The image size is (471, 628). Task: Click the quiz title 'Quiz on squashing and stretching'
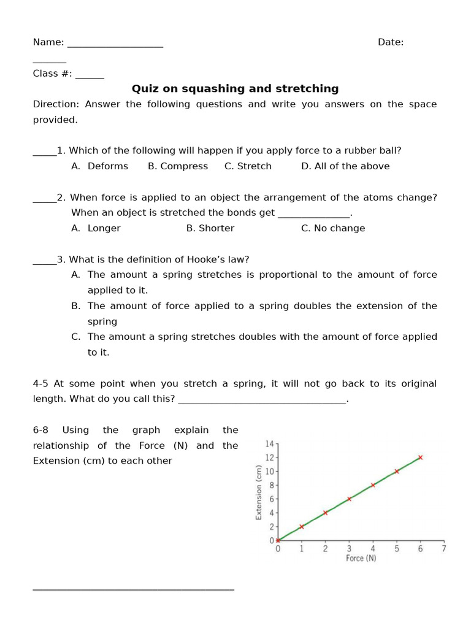coord(235,89)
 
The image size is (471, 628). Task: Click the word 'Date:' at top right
coord(390,42)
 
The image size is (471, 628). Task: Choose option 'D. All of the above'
coord(345,166)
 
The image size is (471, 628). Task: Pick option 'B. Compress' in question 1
coord(178,166)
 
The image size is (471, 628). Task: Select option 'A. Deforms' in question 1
coord(100,166)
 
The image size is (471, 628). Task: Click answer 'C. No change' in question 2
coord(333,228)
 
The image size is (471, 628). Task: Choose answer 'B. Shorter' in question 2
coord(210,228)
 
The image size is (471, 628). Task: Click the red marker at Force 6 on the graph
coord(420,458)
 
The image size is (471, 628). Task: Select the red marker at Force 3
coord(349,499)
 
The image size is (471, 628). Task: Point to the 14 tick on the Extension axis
coord(270,444)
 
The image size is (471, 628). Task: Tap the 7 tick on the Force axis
coord(444,549)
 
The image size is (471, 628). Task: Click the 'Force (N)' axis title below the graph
coord(361,559)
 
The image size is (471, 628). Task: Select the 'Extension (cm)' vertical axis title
coord(259,492)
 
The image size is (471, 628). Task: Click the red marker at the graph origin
coord(278,540)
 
